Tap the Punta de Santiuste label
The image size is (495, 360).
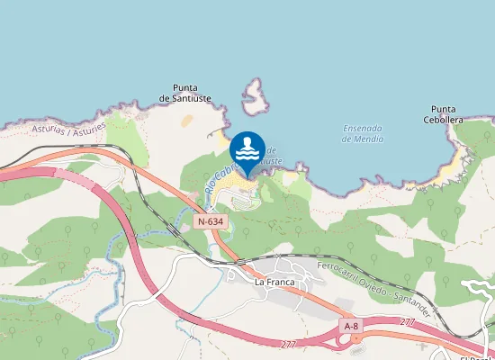tap(185, 92)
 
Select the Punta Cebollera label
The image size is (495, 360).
tap(443, 113)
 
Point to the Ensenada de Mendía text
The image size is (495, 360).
tap(363, 133)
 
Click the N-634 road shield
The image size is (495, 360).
tap(210, 220)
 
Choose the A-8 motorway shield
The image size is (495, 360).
tap(351, 324)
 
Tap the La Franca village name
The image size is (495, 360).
tap(274, 281)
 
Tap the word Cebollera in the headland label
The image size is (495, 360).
tap(443, 119)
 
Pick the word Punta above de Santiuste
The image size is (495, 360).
tap(185, 86)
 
